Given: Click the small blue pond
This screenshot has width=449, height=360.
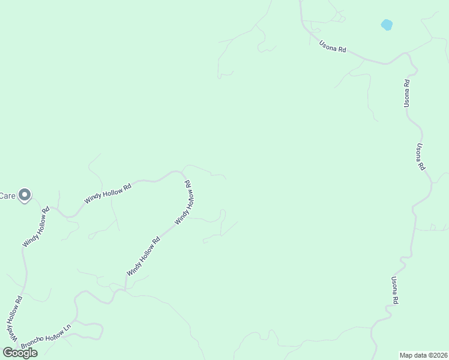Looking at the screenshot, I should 387,25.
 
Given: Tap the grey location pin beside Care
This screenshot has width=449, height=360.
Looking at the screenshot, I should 25,196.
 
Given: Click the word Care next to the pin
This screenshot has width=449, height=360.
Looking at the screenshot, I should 7,196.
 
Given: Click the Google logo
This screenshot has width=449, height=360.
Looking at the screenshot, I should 20,353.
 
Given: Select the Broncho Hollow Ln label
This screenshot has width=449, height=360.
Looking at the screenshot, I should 46,338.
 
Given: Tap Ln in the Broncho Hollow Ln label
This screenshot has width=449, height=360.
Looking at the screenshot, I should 67,329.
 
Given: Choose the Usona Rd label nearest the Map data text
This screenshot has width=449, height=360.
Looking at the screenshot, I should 395,290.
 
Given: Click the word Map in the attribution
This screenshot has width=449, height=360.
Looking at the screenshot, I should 408,355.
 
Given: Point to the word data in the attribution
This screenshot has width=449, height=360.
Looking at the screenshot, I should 421,355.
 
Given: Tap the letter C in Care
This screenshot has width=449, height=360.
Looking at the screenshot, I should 2,196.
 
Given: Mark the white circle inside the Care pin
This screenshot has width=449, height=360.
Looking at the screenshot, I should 25,194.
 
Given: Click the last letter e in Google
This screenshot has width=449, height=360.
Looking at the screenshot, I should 34,353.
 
